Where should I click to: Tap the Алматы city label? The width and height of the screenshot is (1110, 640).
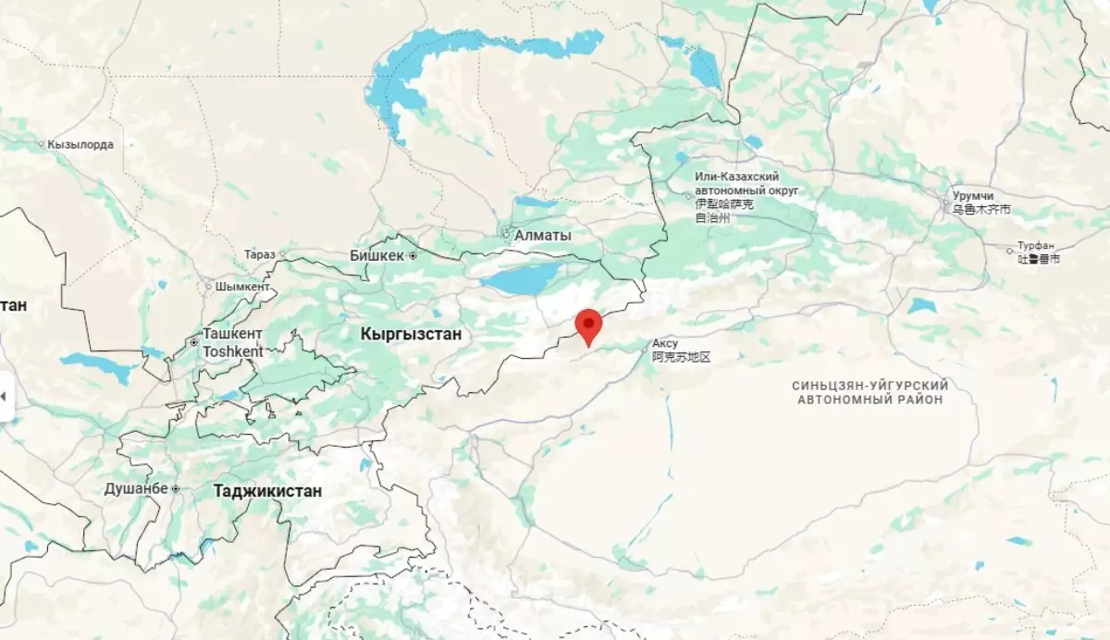542,235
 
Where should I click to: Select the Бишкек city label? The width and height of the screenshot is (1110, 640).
377,255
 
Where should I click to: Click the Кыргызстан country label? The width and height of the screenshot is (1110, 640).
411,334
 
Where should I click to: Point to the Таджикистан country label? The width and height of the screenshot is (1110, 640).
267,491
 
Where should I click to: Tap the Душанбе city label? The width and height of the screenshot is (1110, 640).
136,488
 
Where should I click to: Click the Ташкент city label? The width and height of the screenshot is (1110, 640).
232,334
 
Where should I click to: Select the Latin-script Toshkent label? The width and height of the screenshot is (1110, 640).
232,351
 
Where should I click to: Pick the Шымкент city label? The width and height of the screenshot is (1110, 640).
241,287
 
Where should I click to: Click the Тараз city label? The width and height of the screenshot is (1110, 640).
260,254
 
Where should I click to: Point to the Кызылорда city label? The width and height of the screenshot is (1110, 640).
80,144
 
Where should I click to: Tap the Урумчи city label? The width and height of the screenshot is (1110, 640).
973,197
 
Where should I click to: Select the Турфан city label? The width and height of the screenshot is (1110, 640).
1036,246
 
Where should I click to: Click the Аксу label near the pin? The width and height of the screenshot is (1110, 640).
665,343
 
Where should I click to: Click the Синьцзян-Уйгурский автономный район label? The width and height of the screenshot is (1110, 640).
870,391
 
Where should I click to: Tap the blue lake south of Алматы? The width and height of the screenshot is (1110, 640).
522,277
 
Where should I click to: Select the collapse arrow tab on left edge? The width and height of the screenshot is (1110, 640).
6,397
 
